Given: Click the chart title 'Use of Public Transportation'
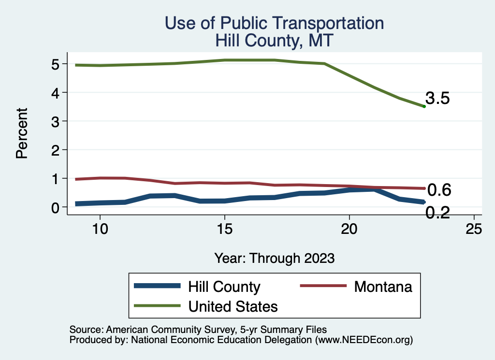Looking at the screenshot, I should point(274,23).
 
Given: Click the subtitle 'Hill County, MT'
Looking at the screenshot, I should point(274,40).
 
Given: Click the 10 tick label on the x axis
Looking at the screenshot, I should point(100,230).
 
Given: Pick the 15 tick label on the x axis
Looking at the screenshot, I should point(224,230).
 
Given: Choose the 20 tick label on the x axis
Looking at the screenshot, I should point(349,230).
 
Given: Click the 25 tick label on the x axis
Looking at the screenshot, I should point(474,230).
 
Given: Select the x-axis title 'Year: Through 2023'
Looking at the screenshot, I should point(274,258).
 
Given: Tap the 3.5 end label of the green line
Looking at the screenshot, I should point(438,99).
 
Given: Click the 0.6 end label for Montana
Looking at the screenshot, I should point(439,190).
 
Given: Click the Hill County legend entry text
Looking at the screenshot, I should point(224,287).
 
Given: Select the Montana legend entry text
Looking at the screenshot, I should point(383,287).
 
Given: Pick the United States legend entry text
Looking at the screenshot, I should point(233,306).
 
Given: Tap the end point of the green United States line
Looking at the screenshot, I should point(424,106).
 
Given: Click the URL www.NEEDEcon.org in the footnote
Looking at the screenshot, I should point(364,340).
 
